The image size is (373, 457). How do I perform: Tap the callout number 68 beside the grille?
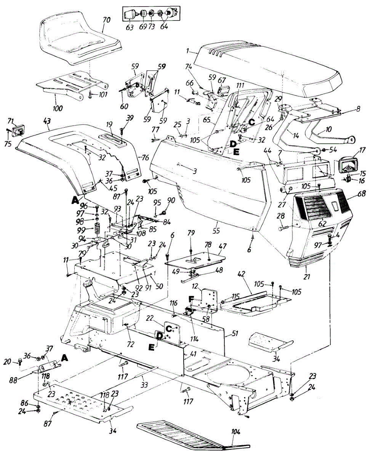(x=362, y=194)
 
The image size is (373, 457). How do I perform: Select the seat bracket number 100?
(x=58, y=109)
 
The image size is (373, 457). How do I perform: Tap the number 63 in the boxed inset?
(x=130, y=27)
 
